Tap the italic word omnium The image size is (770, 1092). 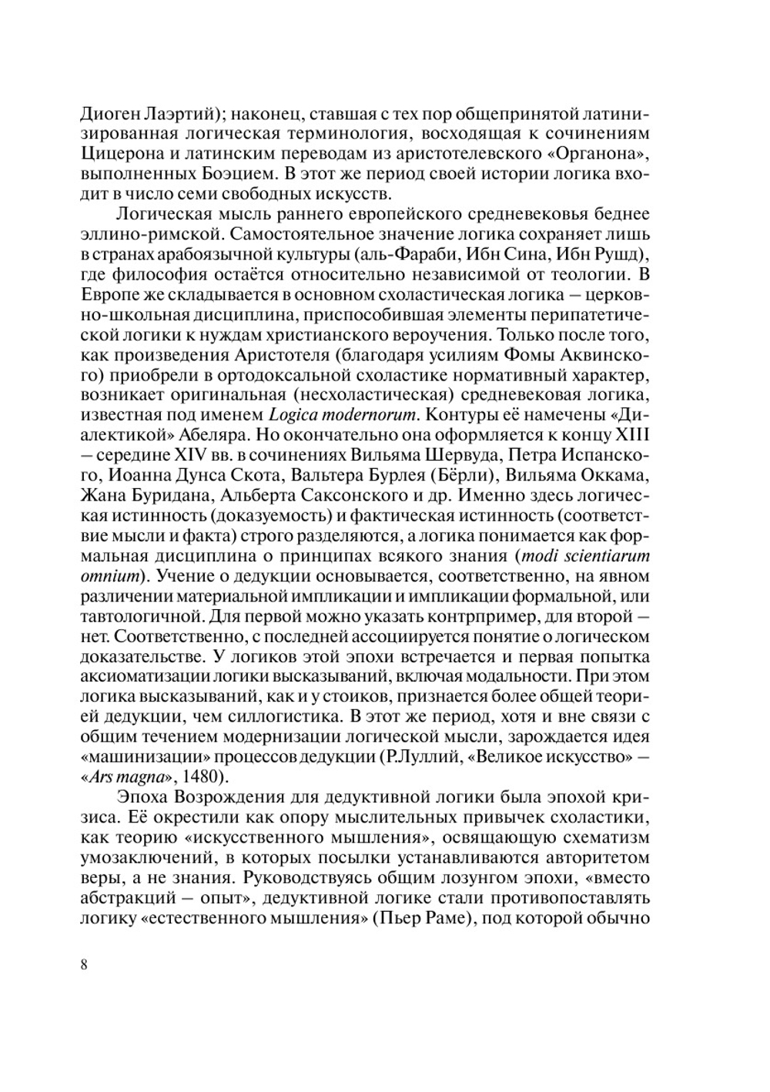point(109,576)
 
